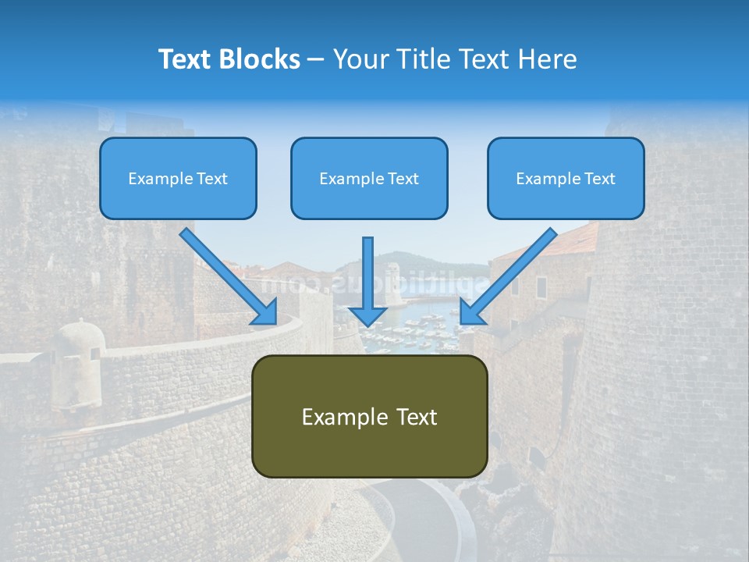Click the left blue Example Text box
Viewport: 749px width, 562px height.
[178, 179]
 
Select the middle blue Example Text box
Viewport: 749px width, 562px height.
[369, 179]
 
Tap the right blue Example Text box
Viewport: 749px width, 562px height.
[566, 179]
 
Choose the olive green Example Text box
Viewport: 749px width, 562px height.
[369, 416]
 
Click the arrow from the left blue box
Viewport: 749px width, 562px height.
[226, 274]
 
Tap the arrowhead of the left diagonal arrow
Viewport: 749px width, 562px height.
[266, 312]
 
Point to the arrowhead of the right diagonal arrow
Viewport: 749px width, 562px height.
[470, 312]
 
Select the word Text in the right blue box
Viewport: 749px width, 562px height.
[599, 179]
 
